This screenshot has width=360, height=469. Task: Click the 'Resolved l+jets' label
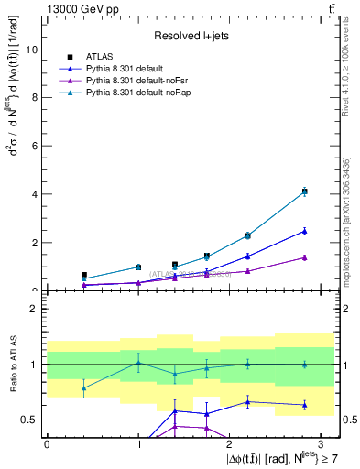coord(190,36)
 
